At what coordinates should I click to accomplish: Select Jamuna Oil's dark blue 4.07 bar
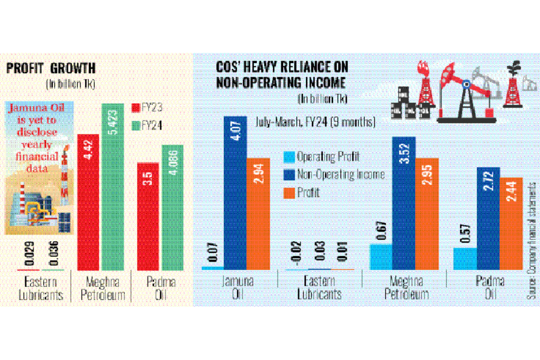tap(235, 192)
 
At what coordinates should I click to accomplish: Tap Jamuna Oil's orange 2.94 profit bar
tap(257, 213)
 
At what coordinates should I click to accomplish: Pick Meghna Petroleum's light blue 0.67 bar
tap(380, 257)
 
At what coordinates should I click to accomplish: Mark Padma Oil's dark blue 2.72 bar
tap(488, 219)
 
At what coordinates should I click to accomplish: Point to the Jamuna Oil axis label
tap(238, 286)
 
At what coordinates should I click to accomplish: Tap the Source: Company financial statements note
tap(531, 240)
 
